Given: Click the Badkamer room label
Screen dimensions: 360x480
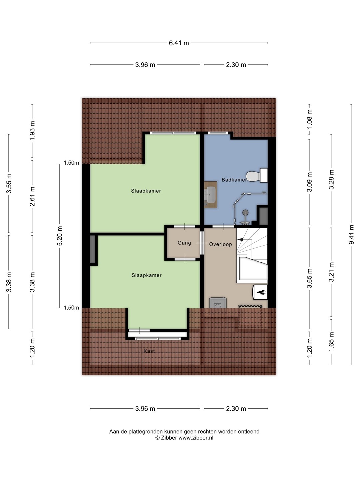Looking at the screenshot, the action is tap(234, 180).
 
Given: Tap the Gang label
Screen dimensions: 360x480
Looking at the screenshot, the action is tap(184, 243).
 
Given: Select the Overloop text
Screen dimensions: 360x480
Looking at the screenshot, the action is tap(220, 244).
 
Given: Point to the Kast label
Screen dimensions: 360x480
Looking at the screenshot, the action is tap(149, 351).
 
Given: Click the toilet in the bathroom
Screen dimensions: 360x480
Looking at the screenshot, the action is tap(257, 175).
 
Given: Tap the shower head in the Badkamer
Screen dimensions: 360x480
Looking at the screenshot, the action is tap(246, 212).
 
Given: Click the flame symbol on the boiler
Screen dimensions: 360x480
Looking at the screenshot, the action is tap(262, 292).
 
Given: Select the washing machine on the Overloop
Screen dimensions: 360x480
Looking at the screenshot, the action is tap(217, 303).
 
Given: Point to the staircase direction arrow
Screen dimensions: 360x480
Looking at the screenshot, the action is tap(240, 240).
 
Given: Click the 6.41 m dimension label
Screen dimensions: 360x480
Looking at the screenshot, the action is tap(179, 43).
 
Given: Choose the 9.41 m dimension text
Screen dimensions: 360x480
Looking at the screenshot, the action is tap(351, 235).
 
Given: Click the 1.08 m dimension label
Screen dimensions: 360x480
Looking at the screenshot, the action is tap(309, 119).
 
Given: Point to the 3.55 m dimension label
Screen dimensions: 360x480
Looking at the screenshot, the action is tap(9, 183).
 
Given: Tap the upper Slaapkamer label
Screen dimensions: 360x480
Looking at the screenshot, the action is tap(146, 191).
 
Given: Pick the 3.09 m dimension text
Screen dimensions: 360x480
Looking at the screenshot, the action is tap(309, 182).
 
